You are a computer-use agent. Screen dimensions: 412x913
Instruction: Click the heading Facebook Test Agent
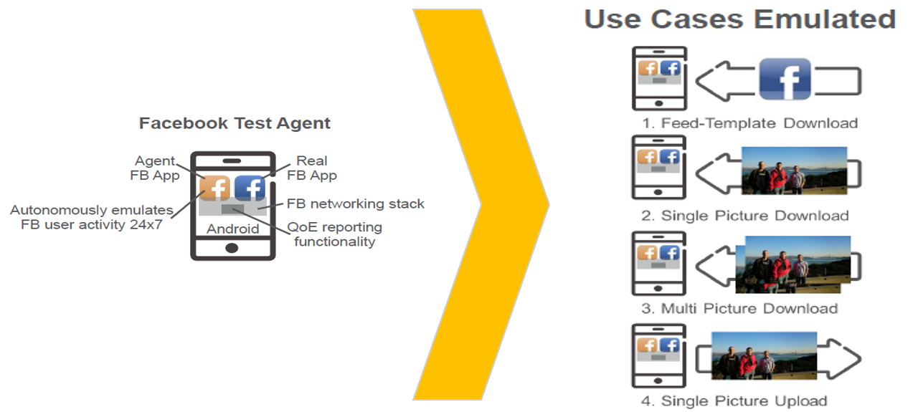pyautogui.click(x=235, y=123)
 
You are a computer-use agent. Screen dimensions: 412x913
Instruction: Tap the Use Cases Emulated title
pyautogui.click(x=740, y=19)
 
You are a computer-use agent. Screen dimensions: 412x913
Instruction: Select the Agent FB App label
pyautogui.click(x=156, y=168)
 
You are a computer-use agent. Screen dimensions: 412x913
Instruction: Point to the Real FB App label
pyautogui.click(x=311, y=168)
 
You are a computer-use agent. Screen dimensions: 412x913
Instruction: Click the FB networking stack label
pyautogui.click(x=356, y=204)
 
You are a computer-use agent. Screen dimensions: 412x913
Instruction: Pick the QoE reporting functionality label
pyautogui.click(x=334, y=234)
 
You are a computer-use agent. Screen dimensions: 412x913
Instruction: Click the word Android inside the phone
pyautogui.click(x=232, y=229)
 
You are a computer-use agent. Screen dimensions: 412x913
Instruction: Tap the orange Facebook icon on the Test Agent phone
pyautogui.click(x=214, y=188)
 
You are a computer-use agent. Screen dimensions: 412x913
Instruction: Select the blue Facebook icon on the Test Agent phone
pyautogui.click(x=250, y=188)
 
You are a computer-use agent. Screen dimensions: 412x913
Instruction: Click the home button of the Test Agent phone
pyautogui.click(x=232, y=248)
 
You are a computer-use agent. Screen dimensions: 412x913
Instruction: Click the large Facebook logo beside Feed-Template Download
pyautogui.click(x=785, y=79)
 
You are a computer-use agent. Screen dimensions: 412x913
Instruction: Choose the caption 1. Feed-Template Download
pyautogui.click(x=749, y=123)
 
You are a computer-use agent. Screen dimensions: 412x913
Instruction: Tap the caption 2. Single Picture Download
pyautogui.click(x=744, y=216)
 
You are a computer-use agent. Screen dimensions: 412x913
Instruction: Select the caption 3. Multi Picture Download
pyautogui.click(x=739, y=309)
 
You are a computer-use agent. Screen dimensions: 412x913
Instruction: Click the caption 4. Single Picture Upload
pyautogui.click(x=734, y=401)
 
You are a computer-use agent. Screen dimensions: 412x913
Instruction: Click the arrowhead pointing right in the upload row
pyautogui.click(x=846, y=358)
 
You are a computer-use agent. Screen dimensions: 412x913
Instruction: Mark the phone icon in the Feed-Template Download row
pyautogui.click(x=659, y=78)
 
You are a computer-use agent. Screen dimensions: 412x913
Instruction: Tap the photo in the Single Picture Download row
pyautogui.click(x=794, y=171)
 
